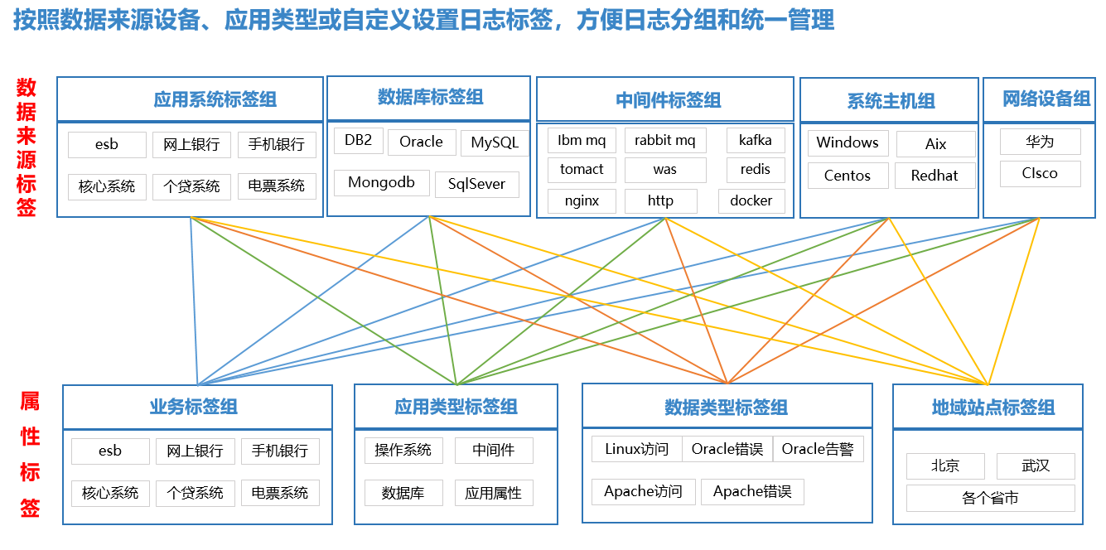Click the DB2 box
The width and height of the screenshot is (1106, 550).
pyautogui.click(x=359, y=141)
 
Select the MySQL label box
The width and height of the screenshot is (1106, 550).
pyautogui.click(x=495, y=142)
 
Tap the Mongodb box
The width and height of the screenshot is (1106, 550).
pyautogui.click(x=382, y=183)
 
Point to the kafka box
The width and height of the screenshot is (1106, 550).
pyautogui.click(x=756, y=140)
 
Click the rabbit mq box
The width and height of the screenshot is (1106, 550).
pyautogui.click(x=665, y=140)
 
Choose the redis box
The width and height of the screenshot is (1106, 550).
pyautogui.click(x=756, y=169)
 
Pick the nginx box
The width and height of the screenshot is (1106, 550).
pyautogui.click(x=582, y=201)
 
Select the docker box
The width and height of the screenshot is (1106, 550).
pyautogui.click(x=751, y=201)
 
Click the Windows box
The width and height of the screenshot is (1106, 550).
pyautogui.click(x=848, y=142)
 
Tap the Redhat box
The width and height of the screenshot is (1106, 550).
pyautogui.click(x=935, y=176)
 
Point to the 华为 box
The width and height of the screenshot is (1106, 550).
pyautogui.click(x=1041, y=142)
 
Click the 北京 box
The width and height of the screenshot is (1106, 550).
pyautogui.click(x=945, y=466)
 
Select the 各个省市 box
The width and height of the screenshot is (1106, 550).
pyautogui.click(x=991, y=498)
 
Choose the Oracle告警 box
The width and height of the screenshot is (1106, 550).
pyautogui.click(x=819, y=449)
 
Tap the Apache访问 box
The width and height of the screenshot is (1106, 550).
pyautogui.click(x=644, y=492)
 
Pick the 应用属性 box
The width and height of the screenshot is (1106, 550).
pyautogui.click(x=494, y=493)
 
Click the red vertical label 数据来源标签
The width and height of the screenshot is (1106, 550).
pyautogui.click(x=27, y=147)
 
